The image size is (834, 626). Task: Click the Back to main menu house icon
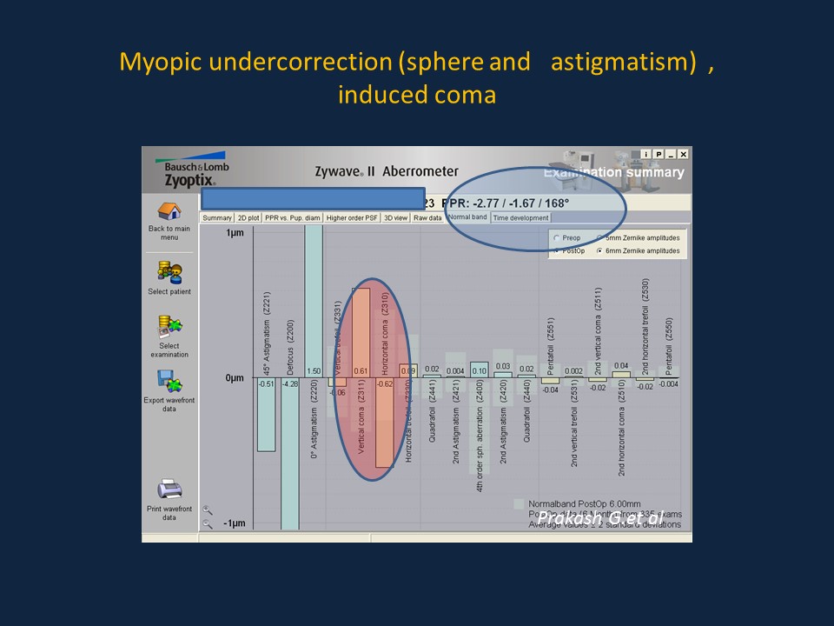(x=169, y=211)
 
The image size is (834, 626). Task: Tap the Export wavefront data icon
(x=169, y=380)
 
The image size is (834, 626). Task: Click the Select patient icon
(x=169, y=272)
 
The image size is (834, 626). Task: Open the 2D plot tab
(x=248, y=217)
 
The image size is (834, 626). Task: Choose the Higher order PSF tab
(x=353, y=217)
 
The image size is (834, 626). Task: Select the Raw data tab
(x=427, y=217)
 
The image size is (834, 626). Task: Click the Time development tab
(x=520, y=217)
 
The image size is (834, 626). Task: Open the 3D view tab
(x=395, y=217)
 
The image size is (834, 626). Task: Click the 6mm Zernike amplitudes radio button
(x=599, y=250)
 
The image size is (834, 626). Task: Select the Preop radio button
(x=556, y=237)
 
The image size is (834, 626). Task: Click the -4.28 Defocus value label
(x=289, y=383)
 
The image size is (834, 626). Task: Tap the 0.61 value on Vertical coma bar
(x=361, y=371)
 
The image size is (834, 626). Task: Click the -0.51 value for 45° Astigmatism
(x=266, y=383)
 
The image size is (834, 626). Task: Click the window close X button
(x=683, y=154)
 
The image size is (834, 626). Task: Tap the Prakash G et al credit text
(x=600, y=518)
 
